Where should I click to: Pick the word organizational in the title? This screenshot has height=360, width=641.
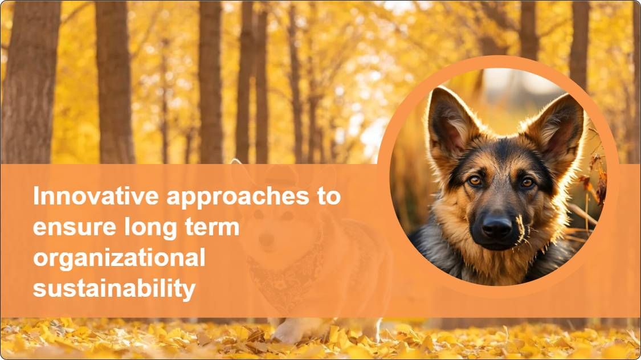(119, 259)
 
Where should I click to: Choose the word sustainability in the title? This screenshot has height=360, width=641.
(114, 289)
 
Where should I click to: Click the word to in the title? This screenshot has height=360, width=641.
(328, 197)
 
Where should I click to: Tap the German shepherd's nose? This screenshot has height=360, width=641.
(497, 227)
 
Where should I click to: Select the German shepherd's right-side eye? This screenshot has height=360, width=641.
(526, 182)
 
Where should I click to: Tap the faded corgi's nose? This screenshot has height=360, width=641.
(266, 239)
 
